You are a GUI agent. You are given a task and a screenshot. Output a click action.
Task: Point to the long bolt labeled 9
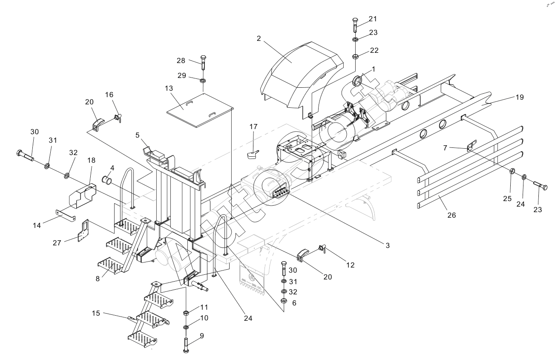tap(187, 341)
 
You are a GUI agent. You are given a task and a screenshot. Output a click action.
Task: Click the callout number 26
tap(451, 215)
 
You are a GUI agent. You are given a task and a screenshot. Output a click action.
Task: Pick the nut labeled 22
tap(355, 56)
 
